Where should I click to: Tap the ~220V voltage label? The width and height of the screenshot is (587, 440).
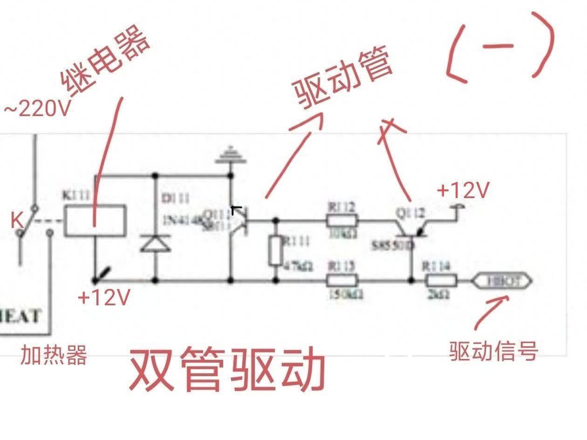(x=37, y=110)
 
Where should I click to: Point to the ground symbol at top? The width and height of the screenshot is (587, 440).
(x=230, y=155)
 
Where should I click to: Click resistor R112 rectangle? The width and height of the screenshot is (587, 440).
(x=342, y=221)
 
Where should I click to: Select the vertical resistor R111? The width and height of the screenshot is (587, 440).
(x=275, y=252)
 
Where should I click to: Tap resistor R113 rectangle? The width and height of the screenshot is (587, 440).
(x=342, y=281)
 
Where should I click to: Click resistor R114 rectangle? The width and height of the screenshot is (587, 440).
(x=440, y=281)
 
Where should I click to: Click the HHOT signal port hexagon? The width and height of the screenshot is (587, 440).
(x=501, y=281)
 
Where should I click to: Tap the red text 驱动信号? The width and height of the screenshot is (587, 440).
(x=494, y=351)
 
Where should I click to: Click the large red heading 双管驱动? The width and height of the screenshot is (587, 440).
(x=227, y=370)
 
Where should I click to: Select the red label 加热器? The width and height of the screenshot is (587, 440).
(x=54, y=356)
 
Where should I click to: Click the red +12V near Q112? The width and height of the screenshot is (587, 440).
(x=464, y=190)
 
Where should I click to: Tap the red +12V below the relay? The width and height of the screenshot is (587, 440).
(x=103, y=297)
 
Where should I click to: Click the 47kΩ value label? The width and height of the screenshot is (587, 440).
(x=299, y=266)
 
